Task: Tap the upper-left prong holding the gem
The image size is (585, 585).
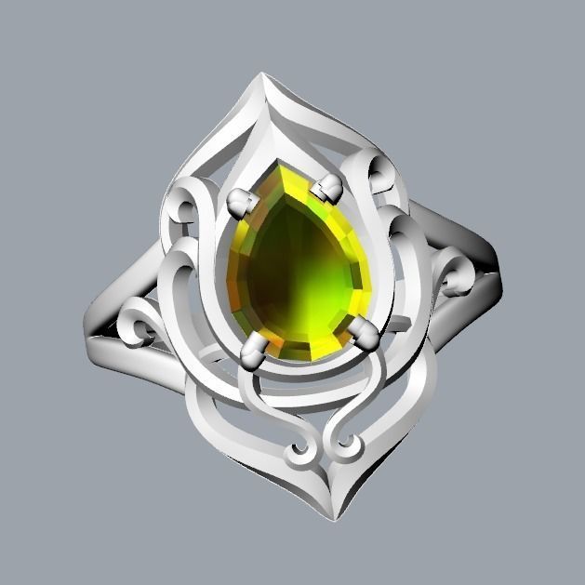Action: coord(241,200)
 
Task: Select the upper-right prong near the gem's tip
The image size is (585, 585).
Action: coord(328,188)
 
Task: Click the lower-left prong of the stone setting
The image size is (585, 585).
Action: coord(253,351)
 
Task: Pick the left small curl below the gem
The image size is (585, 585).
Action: coord(299,453)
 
